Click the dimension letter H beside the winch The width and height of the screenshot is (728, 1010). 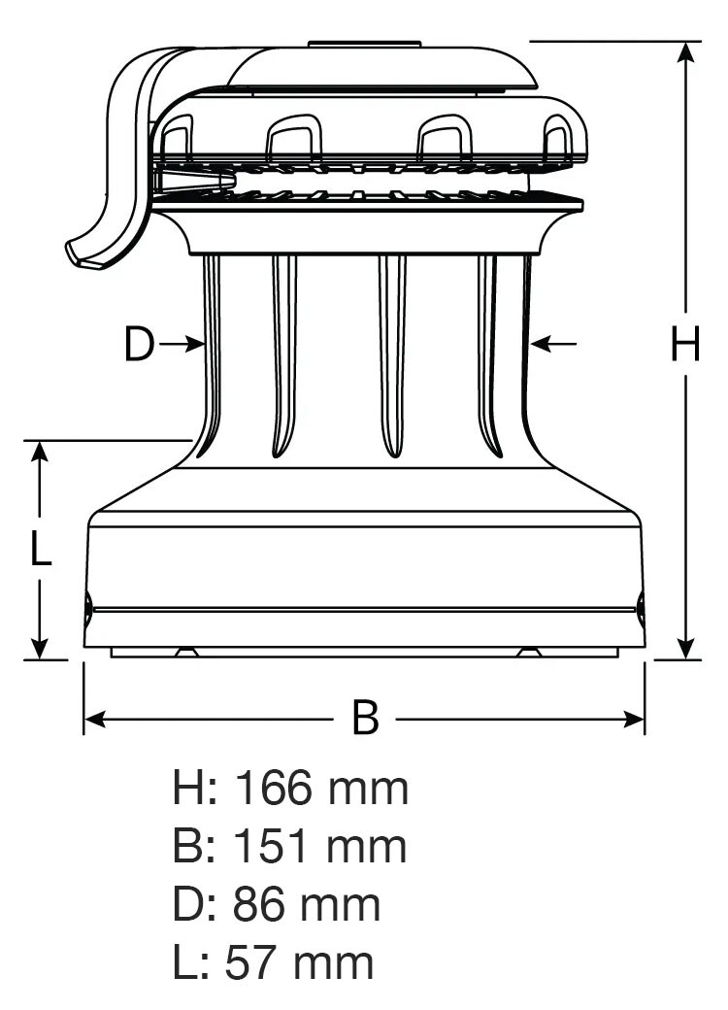pyautogui.click(x=685, y=344)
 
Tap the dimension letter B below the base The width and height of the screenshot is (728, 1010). pyautogui.click(x=365, y=719)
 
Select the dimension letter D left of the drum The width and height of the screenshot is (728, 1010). pyautogui.click(x=140, y=344)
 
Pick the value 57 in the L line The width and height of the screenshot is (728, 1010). pyautogui.click(x=251, y=962)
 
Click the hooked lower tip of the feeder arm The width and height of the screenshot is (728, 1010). pyautogui.click(x=80, y=254)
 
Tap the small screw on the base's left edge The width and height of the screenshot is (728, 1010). pyautogui.click(x=88, y=609)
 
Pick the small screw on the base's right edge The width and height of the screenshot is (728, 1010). pyautogui.click(x=641, y=609)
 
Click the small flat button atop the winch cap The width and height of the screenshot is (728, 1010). pyautogui.click(x=364, y=44)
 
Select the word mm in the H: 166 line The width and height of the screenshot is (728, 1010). pyautogui.click(x=368, y=788)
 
